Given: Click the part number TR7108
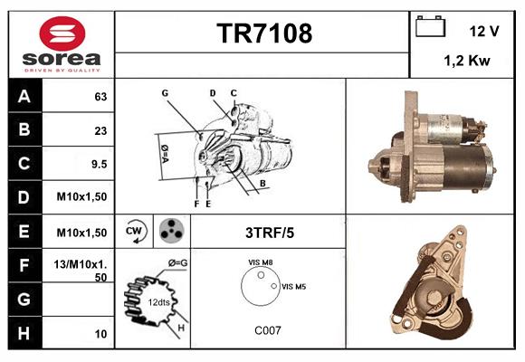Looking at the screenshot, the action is coord(264,33).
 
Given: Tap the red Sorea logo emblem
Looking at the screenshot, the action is coord(62,33).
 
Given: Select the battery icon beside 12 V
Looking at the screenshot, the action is coord(430,26).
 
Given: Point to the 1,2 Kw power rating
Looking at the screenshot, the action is coord(467,61).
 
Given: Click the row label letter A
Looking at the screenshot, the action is coord(24,97).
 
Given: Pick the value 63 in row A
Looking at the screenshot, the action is coord(100,97).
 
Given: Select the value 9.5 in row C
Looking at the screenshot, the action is coord(99,164).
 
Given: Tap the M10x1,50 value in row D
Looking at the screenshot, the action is coord(81,196).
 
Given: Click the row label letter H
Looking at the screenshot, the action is coord(24,333).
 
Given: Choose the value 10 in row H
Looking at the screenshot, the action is coord(100,334).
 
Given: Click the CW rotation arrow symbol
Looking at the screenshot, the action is coord(135,231).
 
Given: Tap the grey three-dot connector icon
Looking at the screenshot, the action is coord(172,231).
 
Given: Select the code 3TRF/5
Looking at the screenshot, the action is coord(270,233).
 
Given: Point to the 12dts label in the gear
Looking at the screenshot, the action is coord(158,302).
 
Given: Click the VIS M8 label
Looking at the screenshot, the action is coord(260,262).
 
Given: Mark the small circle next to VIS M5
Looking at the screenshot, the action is coord(274,286).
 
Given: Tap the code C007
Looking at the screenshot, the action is coord(268,330).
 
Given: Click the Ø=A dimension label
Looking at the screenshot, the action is coord(165,154).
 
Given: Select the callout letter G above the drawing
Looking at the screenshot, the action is coord(165,92).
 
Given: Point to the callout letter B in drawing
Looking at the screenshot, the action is coord(262,183).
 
